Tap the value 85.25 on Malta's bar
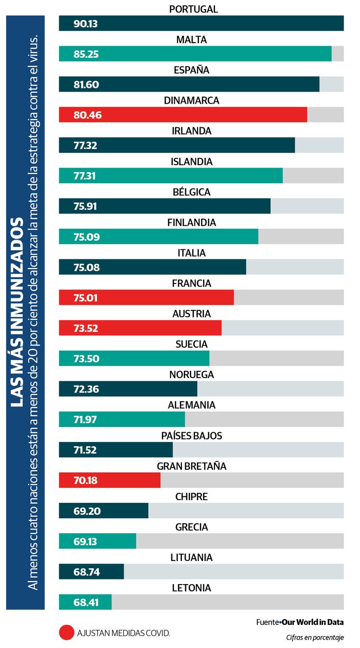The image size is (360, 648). click(x=86, y=54)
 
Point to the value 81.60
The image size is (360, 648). click(x=86, y=85)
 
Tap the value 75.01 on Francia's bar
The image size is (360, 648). click(x=86, y=298)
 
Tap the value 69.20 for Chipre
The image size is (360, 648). click(x=87, y=511)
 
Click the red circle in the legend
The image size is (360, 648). click(x=67, y=632)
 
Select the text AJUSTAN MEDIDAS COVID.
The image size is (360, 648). click(x=123, y=633)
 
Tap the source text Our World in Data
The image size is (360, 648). click(x=312, y=622)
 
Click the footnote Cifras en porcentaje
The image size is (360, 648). click(x=315, y=637)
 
